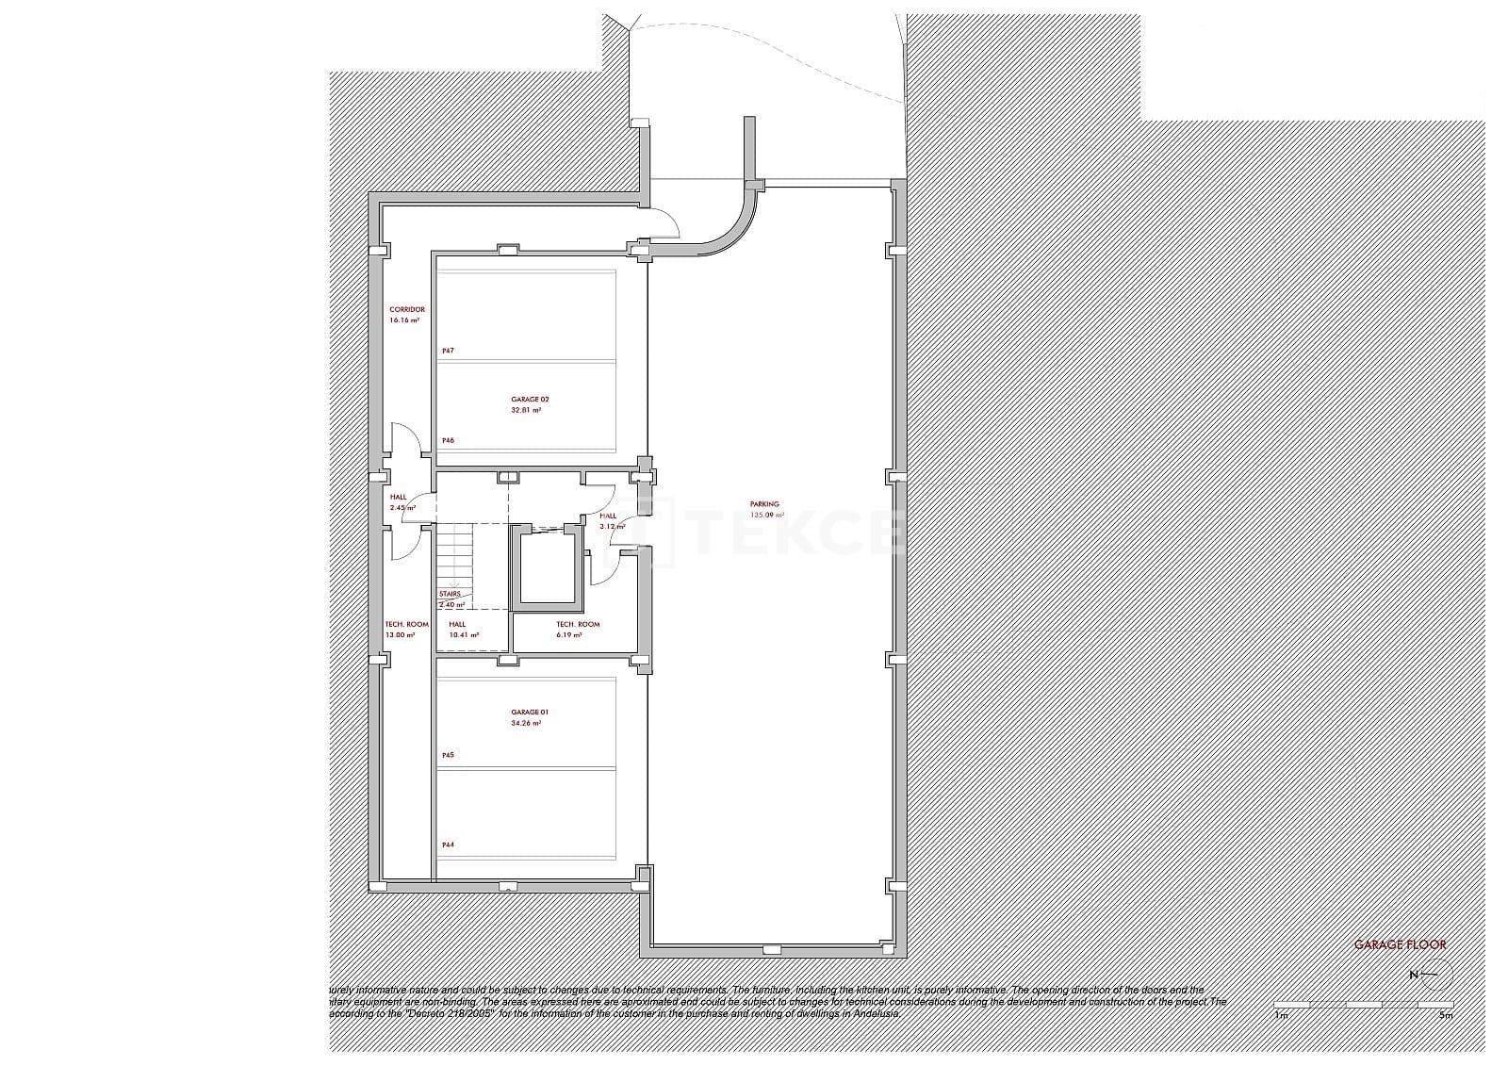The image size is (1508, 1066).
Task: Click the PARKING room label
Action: [764, 504]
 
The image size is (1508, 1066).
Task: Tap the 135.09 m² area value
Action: [766, 516]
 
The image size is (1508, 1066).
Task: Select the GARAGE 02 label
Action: [530, 400]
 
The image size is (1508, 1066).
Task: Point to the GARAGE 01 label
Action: [529, 712]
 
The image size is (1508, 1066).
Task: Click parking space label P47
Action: [448, 351]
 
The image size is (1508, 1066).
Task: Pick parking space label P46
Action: [448, 440]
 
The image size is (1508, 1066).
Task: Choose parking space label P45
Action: [448, 755]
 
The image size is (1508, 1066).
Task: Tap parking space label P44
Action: [448, 845]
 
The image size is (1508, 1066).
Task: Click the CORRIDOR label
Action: [407, 309]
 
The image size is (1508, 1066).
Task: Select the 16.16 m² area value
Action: [404, 320]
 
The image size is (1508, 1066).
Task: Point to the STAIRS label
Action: [450, 594]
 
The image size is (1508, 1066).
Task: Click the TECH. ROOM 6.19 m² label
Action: [577, 625]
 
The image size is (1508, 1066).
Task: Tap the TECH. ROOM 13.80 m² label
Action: [406, 625]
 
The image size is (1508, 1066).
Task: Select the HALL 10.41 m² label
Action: [458, 625]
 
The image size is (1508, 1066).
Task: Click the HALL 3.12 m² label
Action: [609, 517]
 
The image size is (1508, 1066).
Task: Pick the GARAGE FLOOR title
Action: [1400, 944]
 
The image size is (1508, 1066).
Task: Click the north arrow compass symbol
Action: [1435, 975]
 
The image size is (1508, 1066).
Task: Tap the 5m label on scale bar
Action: [1447, 1016]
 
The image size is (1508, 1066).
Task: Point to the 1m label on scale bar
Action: [1281, 1016]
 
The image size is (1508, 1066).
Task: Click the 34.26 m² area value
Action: [526, 723]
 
